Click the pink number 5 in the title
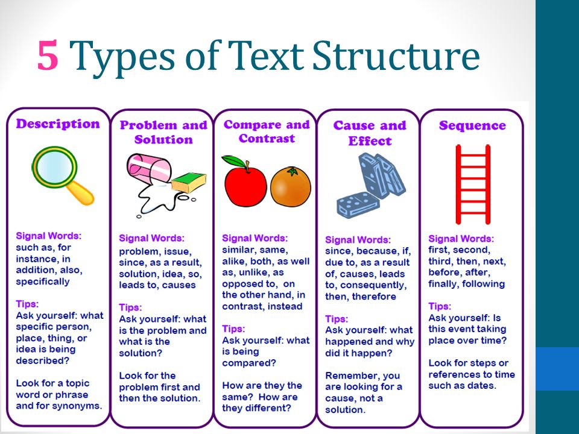tap(48, 55)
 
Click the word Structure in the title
tap(396, 55)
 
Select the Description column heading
tap(58, 124)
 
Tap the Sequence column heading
tap(472, 125)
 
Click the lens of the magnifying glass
tap(54, 167)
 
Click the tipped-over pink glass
tap(148, 169)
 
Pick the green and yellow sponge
tap(189, 182)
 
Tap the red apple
tap(245, 186)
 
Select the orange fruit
tap(291, 186)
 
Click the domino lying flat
tap(358, 205)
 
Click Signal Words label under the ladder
tap(461, 239)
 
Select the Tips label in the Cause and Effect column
tap(337, 319)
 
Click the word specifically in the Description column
tap(43, 282)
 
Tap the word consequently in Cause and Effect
tap(373, 286)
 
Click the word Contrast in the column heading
tap(267, 139)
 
